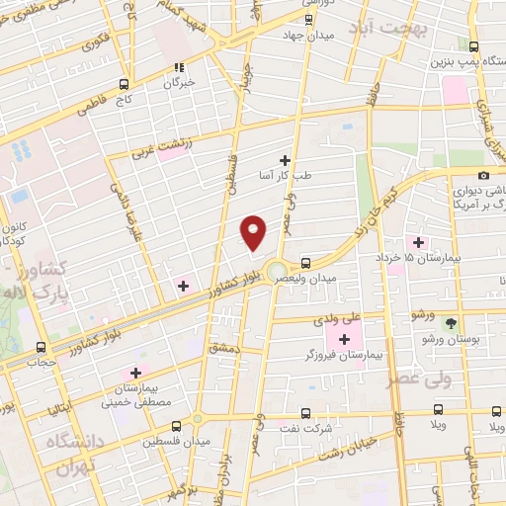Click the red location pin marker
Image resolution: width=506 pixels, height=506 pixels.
click(254, 232)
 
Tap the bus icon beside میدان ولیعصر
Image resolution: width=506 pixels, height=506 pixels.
click(305, 263)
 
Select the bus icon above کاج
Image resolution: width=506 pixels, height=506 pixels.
click(125, 84)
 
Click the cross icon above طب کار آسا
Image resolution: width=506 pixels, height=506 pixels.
click(286, 159)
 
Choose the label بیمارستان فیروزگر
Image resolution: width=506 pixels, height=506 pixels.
click(329, 354)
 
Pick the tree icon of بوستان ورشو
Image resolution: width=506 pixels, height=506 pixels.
click(453, 323)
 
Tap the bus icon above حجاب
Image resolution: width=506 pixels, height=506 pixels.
click(41, 347)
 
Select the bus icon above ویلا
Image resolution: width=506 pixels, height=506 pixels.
click(438, 412)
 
